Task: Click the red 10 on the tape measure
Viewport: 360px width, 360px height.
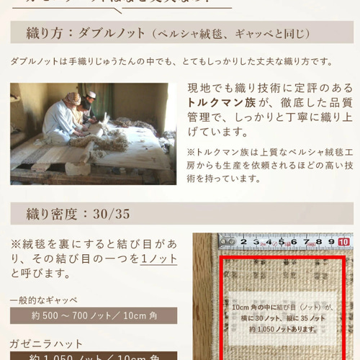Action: click(344, 243)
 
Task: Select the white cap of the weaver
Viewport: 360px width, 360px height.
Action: click(90, 95)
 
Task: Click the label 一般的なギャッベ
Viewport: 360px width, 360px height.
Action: click(44, 300)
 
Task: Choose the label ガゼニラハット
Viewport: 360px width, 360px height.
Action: click(46, 343)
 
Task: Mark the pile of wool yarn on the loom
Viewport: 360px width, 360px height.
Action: click(108, 140)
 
